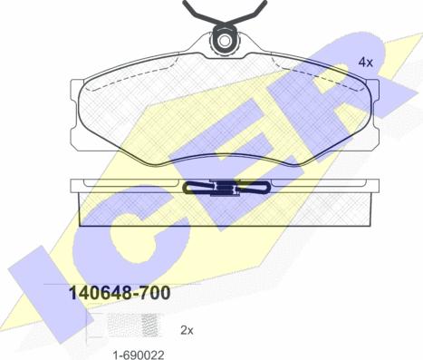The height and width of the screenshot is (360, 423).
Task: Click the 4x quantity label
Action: (365, 63)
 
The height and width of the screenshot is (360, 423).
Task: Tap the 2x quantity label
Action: (187, 331)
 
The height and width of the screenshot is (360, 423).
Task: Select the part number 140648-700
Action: (120, 293)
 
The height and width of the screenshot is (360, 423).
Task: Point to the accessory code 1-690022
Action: (139, 355)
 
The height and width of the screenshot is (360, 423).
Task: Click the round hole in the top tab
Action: (224, 41)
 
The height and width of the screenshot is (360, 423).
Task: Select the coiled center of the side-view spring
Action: (224, 189)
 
